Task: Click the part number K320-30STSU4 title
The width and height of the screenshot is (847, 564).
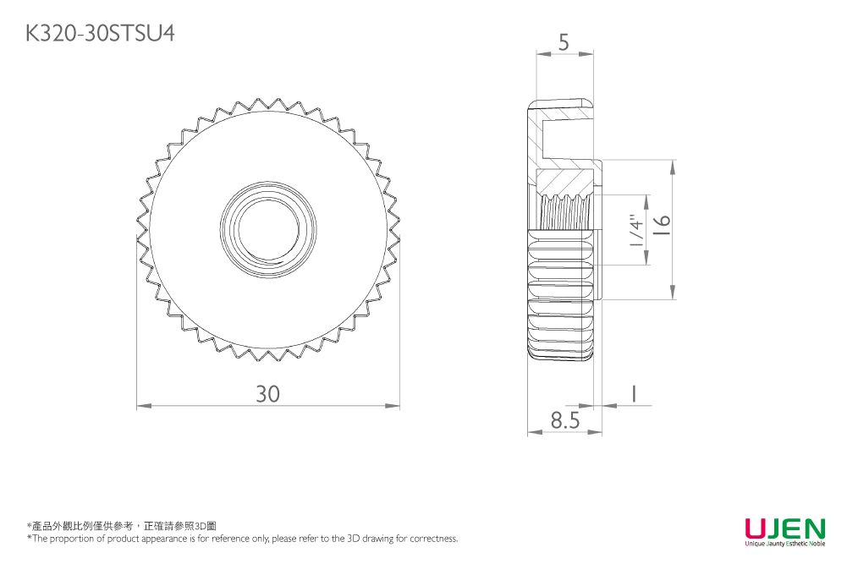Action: pos(101,33)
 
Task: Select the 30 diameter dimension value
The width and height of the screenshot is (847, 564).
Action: pos(267,394)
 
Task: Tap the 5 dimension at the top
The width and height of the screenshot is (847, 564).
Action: pos(564,41)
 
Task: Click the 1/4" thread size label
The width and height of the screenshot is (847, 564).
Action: pos(635,230)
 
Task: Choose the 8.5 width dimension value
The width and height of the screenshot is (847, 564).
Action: pos(564,420)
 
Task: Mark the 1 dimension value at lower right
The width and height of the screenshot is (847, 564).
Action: pos(632,393)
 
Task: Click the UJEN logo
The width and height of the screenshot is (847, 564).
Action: pos(784,528)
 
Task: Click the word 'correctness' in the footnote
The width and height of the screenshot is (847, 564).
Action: pos(432,538)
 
